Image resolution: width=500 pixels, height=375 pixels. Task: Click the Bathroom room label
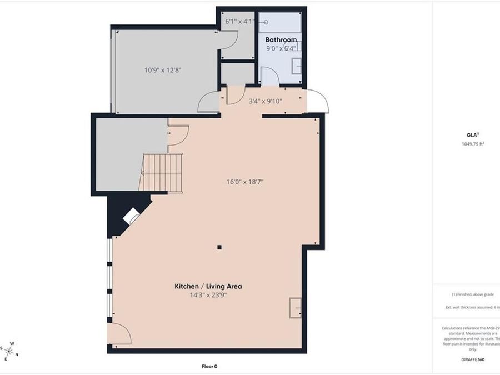coord(281,40)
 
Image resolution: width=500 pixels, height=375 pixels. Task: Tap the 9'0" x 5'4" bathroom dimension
coord(281,48)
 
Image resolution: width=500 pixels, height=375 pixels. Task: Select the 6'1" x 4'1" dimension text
coord(239,22)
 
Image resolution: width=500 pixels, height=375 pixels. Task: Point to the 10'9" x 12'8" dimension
coord(163,70)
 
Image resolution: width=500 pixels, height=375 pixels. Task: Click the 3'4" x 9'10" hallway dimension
coord(265,101)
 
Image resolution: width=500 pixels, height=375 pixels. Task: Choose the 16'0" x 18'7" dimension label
coord(244,181)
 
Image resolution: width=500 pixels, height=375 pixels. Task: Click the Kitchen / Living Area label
coord(208,287)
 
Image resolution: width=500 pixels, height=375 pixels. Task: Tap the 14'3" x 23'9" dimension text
coord(208,295)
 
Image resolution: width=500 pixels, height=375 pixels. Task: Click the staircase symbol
coord(162,173)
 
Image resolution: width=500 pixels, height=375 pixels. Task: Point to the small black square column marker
coord(219,247)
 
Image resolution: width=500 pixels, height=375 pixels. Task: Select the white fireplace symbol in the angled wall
coord(132,216)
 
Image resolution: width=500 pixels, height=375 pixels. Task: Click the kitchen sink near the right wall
coord(294,307)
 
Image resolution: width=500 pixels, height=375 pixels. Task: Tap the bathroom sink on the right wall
coord(297,65)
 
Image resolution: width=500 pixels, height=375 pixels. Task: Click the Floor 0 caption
coord(209,366)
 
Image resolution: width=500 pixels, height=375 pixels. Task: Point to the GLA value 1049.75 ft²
coord(473,143)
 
